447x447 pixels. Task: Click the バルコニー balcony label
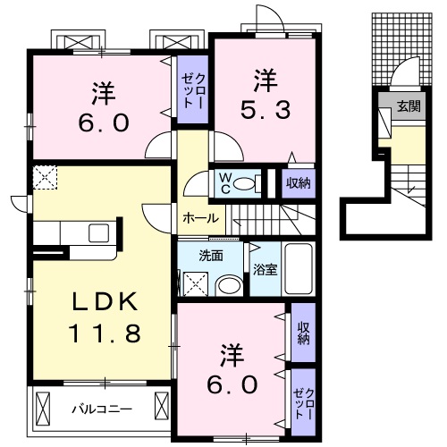[102, 409]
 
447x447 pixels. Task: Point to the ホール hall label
[200, 217]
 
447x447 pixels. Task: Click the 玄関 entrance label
[408, 106]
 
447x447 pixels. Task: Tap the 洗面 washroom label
[211, 256]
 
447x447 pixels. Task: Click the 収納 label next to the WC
[299, 183]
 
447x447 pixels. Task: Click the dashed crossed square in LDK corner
[44, 178]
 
